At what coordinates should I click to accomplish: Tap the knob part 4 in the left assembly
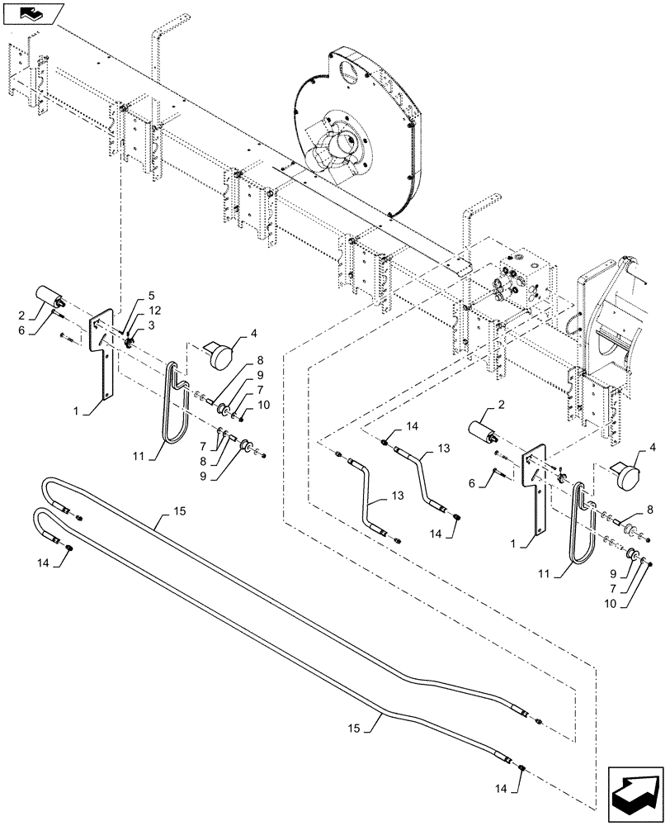pos(219,354)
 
